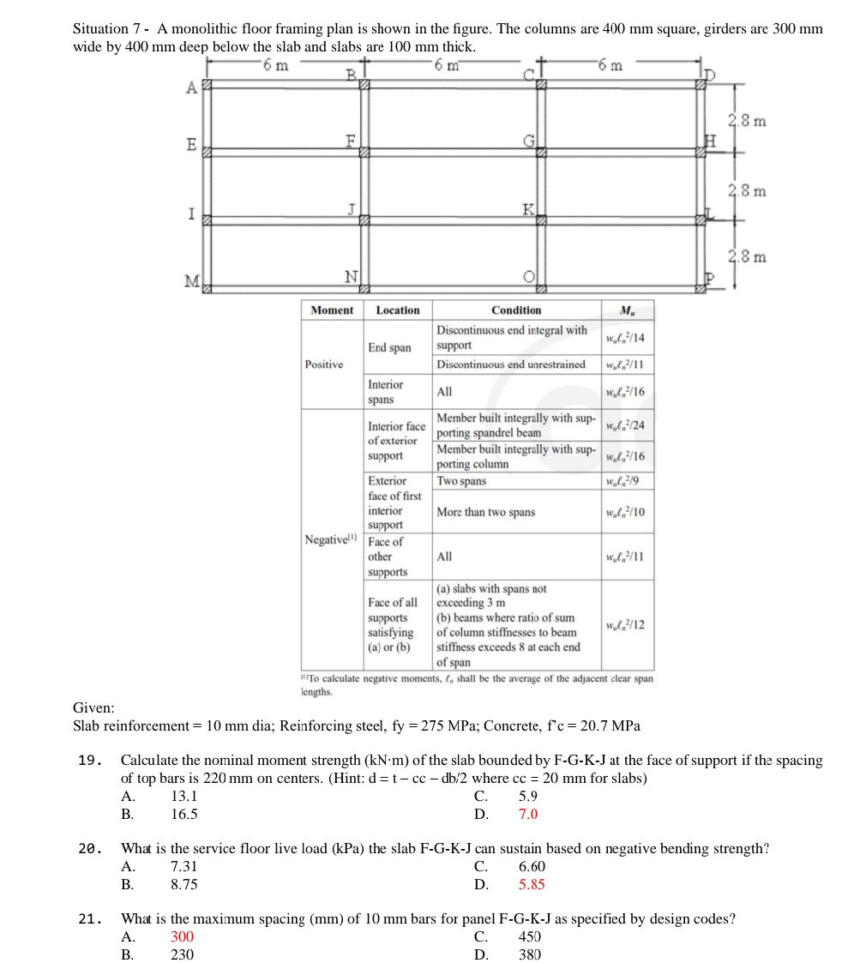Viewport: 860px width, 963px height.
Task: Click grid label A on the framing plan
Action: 190,87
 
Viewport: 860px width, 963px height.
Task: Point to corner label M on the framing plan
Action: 191,281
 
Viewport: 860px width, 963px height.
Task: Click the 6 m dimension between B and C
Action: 447,65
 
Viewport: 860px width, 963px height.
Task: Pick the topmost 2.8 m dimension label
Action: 747,121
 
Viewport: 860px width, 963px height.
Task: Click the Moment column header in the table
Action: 331,310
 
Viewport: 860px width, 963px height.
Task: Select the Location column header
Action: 398,310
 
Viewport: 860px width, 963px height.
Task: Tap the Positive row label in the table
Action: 324,364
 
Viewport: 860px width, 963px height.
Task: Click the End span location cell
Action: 389,347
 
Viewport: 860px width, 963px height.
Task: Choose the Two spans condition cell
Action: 461,481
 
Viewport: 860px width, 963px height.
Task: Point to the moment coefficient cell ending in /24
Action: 625,426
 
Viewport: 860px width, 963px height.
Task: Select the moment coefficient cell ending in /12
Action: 625,625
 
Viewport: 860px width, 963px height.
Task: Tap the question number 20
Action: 89,849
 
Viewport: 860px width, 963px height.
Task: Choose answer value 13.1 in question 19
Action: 184,796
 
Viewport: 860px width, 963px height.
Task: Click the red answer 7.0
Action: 528,815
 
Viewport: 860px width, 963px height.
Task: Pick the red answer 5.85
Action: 532,885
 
